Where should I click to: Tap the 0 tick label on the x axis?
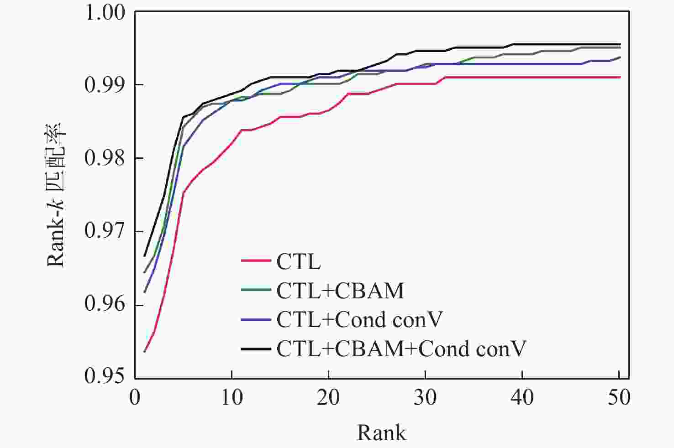pos(135,397)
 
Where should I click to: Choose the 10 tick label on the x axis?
pos(232,397)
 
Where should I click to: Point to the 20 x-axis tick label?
pos(328,397)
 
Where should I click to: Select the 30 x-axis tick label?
pos(425,397)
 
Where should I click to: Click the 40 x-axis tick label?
pos(522,397)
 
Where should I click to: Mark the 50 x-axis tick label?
pos(619,397)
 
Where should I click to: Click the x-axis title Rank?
pos(381,432)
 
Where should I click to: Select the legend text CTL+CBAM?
pos(340,291)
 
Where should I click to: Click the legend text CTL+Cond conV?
pos(359,320)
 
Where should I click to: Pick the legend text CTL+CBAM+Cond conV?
pos(401,349)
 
